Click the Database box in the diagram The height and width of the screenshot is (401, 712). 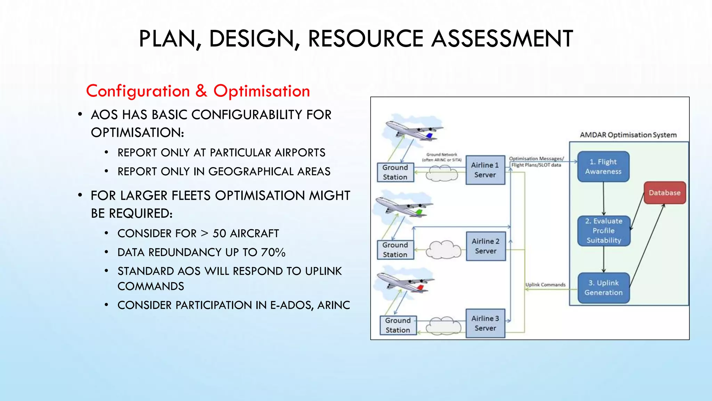pyautogui.click(x=664, y=193)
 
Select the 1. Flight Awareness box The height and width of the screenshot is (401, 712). pyautogui.click(x=603, y=167)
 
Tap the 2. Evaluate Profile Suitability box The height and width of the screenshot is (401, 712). pyautogui.click(x=604, y=231)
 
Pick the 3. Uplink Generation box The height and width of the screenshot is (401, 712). pyautogui.click(x=603, y=288)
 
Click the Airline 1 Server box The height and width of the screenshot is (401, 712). pyautogui.click(x=485, y=170)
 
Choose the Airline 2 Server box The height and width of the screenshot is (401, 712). pyautogui.click(x=486, y=246)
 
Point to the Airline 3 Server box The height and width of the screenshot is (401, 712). pyautogui.click(x=485, y=323)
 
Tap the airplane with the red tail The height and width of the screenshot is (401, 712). pyautogui.click(x=405, y=282)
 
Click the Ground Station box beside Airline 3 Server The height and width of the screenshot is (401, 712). pyautogui.click(x=398, y=325)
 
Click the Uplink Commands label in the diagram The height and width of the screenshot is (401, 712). pyautogui.click(x=545, y=285)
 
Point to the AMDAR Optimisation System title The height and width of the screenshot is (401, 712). pyautogui.click(x=628, y=135)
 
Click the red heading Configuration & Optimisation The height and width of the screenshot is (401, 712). pyautogui.click(x=198, y=91)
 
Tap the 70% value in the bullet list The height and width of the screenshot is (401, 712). pyautogui.click(x=273, y=252)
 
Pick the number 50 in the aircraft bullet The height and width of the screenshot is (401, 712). pyautogui.click(x=219, y=233)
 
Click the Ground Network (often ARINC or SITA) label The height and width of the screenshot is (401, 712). pyautogui.click(x=442, y=157)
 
